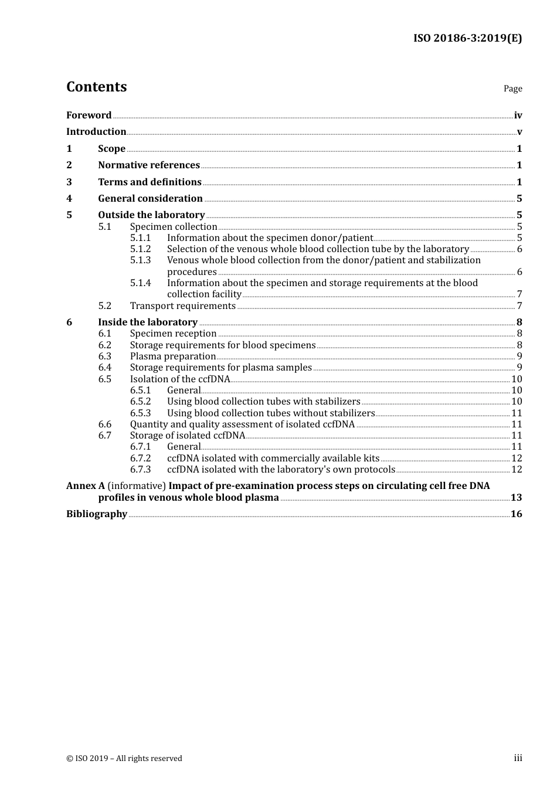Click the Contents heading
[96, 87]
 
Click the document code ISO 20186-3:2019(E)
[467, 38]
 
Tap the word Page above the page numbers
[512, 89]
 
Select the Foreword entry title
[89, 116]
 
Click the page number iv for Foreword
[518, 116]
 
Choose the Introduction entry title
[96, 132]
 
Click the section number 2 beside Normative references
[69, 165]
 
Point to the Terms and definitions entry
[150, 182]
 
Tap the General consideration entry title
[150, 199]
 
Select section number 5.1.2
[140, 249]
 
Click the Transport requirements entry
[182, 306]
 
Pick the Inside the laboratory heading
[148, 322]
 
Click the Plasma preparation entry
[173, 356]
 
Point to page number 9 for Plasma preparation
[519, 356]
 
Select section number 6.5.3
[140, 413]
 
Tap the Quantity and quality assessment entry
[242, 424]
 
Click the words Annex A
[86, 486]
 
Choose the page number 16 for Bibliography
[516, 514]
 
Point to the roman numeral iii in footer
[518, 758]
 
